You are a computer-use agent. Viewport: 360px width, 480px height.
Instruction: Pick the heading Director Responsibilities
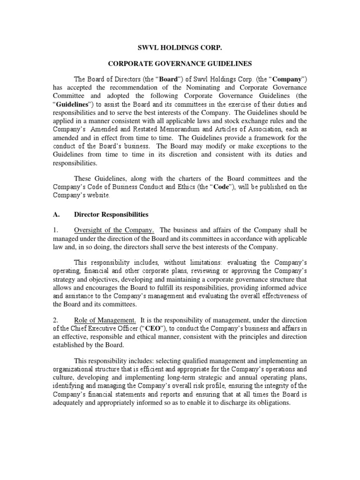(x=111, y=214)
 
